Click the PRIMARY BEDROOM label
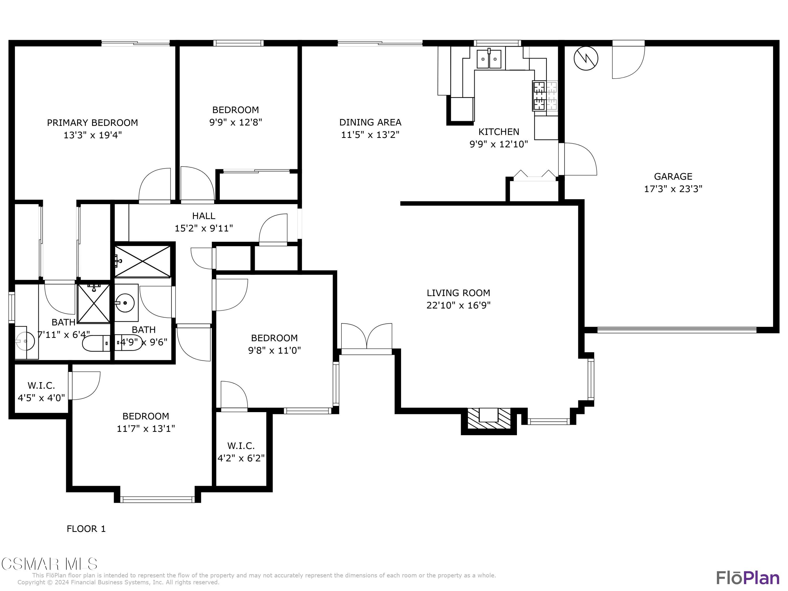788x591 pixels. (92, 123)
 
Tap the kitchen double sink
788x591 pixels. (489, 59)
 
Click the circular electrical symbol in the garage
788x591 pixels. (586, 58)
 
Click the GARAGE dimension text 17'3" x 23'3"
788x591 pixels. (673, 189)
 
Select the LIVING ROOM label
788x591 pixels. (458, 293)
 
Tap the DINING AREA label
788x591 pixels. (370, 122)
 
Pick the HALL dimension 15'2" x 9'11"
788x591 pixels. (204, 228)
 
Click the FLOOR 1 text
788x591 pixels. (86, 529)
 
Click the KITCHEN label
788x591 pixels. (499, 132)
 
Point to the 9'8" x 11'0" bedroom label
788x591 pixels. (274, 344)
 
